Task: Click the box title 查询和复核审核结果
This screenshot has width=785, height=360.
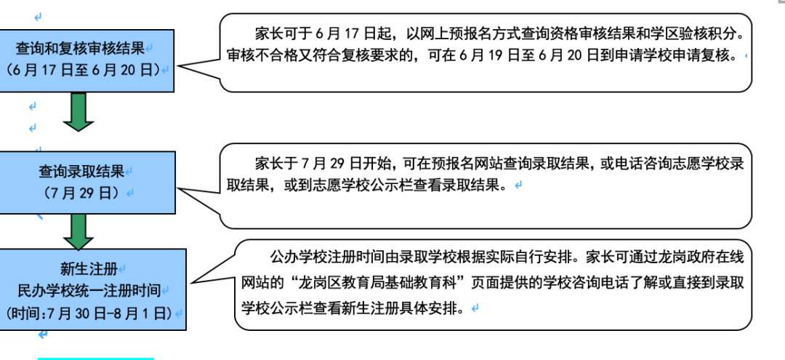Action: (x=80, y=49)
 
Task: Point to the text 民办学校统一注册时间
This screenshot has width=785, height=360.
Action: (x=89, y=290)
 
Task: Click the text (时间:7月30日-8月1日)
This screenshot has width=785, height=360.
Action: (x=87, y=313)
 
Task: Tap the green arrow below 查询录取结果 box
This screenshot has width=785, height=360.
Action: (x=78, y=231)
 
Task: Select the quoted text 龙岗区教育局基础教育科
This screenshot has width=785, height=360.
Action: (x=361, y=282)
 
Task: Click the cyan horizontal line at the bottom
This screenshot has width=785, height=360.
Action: (x=96, y=358)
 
